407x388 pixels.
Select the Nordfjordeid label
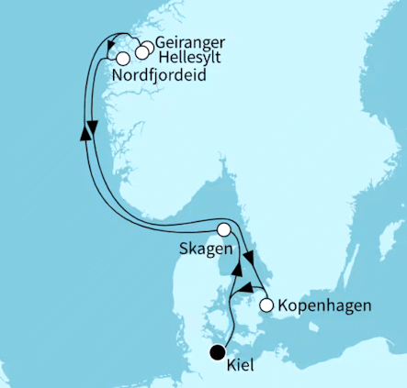158,76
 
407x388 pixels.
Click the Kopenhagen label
324,305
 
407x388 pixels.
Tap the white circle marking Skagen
222,230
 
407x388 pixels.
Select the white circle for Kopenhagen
266,305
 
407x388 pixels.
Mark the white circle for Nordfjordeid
123,59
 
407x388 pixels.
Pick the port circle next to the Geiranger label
147,47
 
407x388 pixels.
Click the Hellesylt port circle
141,52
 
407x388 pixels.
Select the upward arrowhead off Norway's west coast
85,134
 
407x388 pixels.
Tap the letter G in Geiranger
162,43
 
